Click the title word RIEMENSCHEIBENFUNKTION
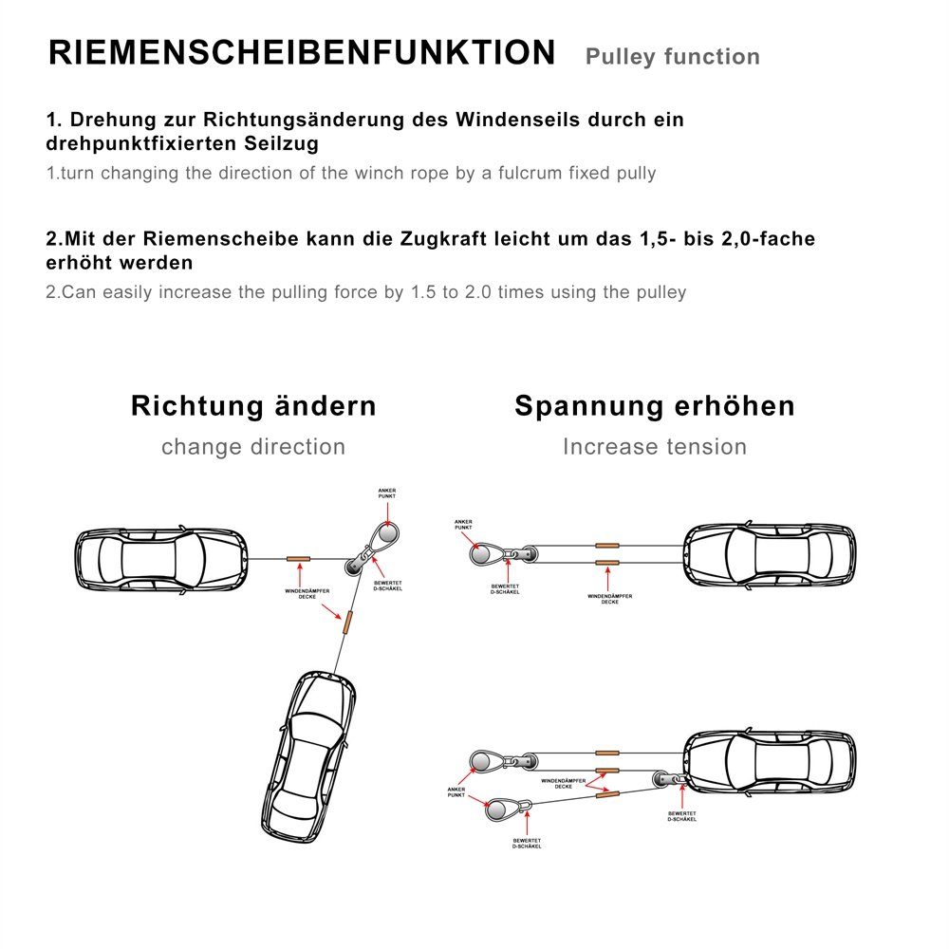[302, 53]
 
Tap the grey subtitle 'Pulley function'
[672, 57]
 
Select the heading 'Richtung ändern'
[253, 406]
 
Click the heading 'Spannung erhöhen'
[655, 406]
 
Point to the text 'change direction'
[253, 447]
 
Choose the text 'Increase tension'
[655, 447]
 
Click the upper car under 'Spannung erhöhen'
[770, 558]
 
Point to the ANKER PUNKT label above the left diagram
[385, 493]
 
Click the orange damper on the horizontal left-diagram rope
[299, 558]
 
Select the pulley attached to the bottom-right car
[665, 779]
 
